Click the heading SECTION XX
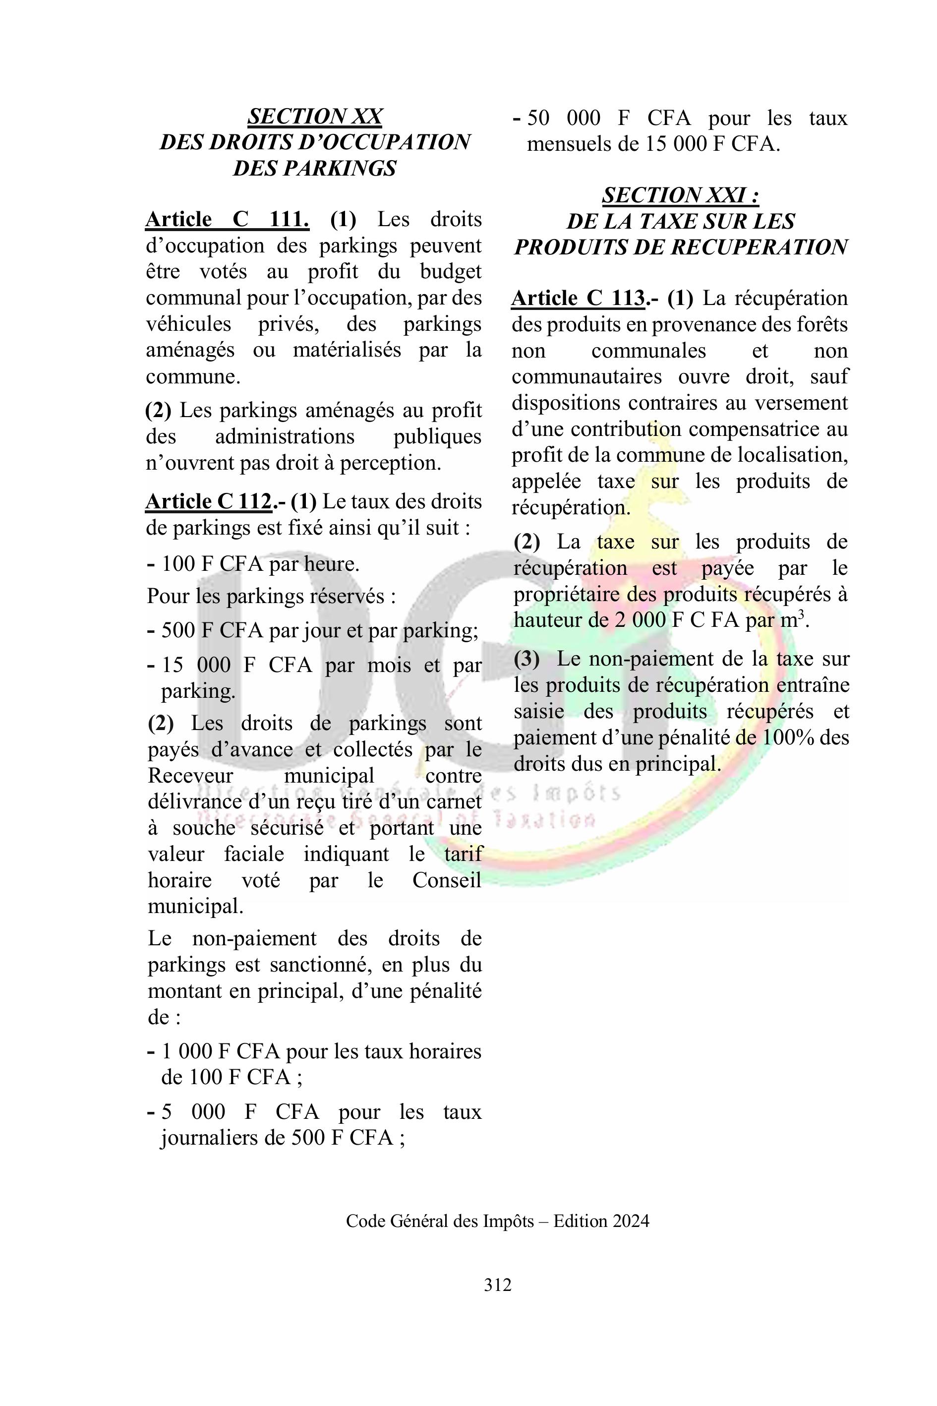click(314, 116)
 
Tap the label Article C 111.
click(227, 219)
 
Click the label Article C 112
click(208, 501)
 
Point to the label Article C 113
click(578, 298)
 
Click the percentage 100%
click(786, 737)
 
